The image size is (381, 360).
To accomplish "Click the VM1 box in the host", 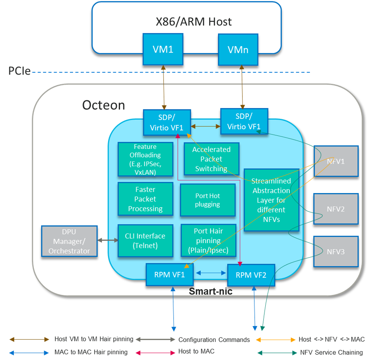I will [163, 49].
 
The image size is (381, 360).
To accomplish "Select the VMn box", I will [238, 50].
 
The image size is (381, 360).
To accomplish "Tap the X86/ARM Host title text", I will [194, 22].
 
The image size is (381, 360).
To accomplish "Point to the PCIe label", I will [19, 72].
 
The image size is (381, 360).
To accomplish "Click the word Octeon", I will [103, 105].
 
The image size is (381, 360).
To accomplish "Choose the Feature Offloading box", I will [145, 159].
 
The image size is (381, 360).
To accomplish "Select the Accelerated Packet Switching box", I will [211, 159].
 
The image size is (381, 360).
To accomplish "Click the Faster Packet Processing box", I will [145, 199].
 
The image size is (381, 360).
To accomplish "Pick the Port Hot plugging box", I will [207, 200].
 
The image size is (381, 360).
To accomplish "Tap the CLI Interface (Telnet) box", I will [145, 241].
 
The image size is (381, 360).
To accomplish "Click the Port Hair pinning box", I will [208, 241].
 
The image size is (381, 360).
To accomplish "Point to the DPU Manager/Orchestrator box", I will [69, 241].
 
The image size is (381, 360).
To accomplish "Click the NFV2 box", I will [336, 209].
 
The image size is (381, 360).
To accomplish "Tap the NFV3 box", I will [336, 252].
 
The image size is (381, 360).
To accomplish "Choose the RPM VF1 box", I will [169, 274].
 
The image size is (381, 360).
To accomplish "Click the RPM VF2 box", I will [251, 275].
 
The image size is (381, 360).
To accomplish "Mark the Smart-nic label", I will [211, 292].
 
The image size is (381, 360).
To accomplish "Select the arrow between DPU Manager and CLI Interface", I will [108, 240].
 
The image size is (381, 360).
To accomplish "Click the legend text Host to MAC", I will [196, 351].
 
